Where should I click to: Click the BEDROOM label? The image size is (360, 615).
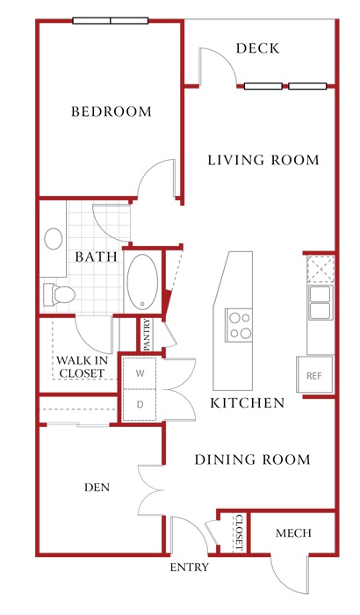[112, 112]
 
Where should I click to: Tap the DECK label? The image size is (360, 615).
[257, 48]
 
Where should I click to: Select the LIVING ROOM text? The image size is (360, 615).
[263, 160]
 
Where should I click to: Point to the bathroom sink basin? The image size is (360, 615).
[54, 238]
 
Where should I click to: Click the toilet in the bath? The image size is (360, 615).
[59, 294]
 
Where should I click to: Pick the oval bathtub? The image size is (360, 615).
[142, 282]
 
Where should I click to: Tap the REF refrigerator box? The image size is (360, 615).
[314, 374]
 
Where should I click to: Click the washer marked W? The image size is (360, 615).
[140, 373]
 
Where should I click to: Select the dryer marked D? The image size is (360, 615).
[140, 405]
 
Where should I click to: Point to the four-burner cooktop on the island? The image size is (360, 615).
[239, 325]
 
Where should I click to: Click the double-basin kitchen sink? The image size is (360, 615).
[320, 302]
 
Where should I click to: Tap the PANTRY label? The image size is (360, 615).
[147, 335]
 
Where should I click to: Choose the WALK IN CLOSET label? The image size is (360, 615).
[82, 366]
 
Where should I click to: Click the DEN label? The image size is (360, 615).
[97, 488]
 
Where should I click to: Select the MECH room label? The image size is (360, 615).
[293, 533]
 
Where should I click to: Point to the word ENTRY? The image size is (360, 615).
[189, 568]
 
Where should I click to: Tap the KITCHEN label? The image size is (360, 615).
[247, 403]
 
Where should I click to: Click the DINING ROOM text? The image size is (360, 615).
[253, 459]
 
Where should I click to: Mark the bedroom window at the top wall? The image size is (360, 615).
[111, 20]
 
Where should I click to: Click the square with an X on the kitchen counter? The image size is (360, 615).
[320, 269]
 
